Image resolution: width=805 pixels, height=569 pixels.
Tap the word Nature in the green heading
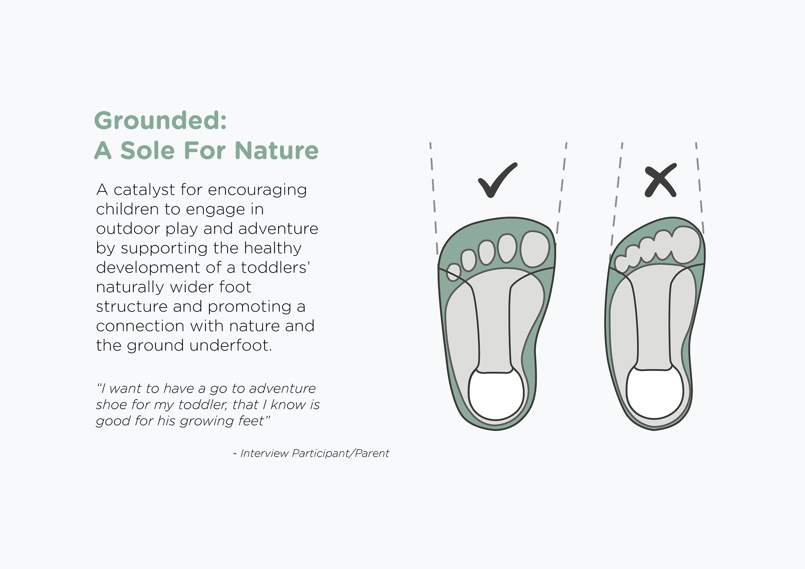(x=277, y=150)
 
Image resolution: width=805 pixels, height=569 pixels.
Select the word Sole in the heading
(x=147, y=150)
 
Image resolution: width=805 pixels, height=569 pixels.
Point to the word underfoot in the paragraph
(x=231, y=345)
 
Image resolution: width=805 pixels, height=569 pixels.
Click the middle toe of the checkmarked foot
(x=487, y=252)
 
